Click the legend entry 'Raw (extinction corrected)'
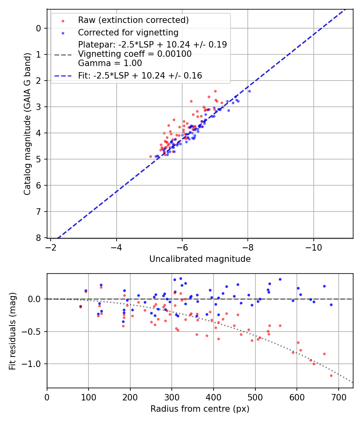[x=133, y=20]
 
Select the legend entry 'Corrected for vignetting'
[x=128, y=32]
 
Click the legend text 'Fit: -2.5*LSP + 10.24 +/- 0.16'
[x=140, y=76]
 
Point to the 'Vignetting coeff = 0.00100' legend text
[x=135, y=54]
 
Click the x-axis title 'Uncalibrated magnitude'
[x=200, y=259]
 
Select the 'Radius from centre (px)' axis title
[x=200, y=409]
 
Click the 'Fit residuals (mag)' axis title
[x=12, y=331]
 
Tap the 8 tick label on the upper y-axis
[x=39, y=238]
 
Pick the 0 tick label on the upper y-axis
[x=39, y=28]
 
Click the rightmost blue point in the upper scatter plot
[x=249, y=91]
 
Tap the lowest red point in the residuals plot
[x=331, y=375]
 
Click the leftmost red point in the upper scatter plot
[x=151, y=156]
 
